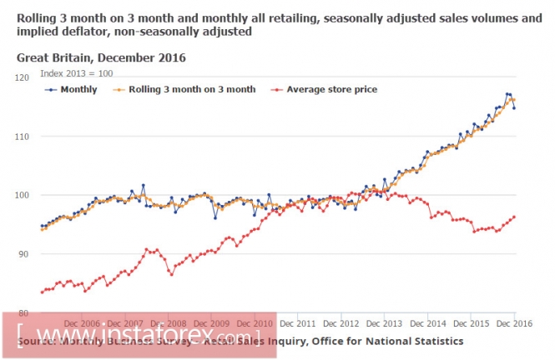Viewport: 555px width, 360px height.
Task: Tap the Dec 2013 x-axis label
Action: [x=385, y=322]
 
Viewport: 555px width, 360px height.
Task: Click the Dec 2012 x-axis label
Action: [x=341, y=322]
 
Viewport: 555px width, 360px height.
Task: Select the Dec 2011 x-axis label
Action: [x=298, y=322]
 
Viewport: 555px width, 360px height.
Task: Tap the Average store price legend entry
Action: [x=325, y=89]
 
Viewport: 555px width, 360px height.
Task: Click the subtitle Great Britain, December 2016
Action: [x=100, y=58]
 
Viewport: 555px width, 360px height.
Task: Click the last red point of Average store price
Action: [x=514, y=217]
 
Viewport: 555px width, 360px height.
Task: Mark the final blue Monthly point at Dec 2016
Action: [x=514, y=108]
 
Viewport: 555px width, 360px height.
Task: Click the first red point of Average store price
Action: [x=42, y=292]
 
